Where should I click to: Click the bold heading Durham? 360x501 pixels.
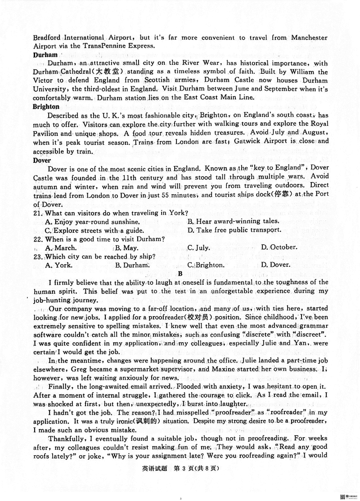45,55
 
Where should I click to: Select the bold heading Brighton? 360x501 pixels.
46,107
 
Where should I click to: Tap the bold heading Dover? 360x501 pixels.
42,160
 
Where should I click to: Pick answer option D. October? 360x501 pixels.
279,247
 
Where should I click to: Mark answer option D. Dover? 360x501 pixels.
277,265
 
